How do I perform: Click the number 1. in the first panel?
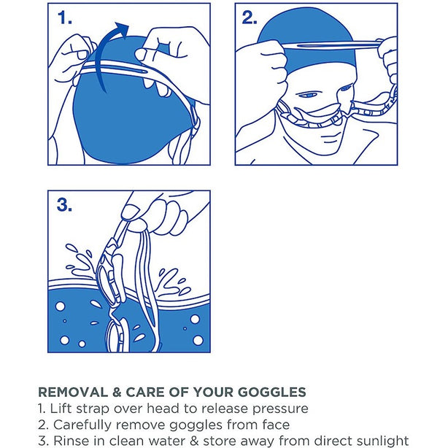(x=64, y=18)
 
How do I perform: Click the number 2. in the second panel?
(x=250, y=18)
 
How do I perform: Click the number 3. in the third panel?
(x=64, y=205)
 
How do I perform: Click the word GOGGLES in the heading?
(x=272, y=392)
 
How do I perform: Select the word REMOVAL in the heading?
(x=73, y=392)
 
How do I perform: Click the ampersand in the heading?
(x=117, y=392)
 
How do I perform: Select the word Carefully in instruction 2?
(x=83, y=425)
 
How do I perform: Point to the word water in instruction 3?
(x=169, y=441)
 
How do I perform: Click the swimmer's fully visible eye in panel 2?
(x=307, y=95)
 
